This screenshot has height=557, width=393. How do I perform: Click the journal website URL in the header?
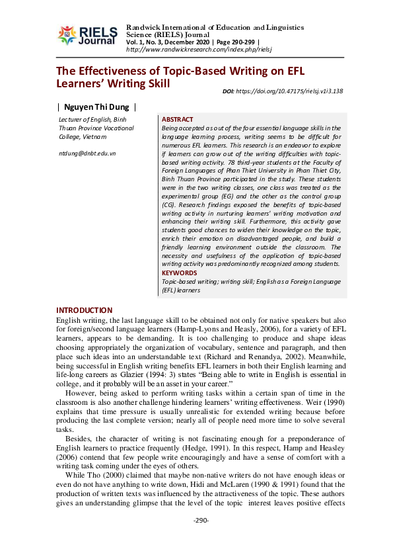199,50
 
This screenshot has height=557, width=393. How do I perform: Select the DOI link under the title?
291,91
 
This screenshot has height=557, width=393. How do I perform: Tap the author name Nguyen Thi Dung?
96,107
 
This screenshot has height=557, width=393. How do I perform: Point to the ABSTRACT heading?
178,119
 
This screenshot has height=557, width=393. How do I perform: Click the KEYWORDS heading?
179,273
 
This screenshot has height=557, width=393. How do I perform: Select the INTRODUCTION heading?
85,310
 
